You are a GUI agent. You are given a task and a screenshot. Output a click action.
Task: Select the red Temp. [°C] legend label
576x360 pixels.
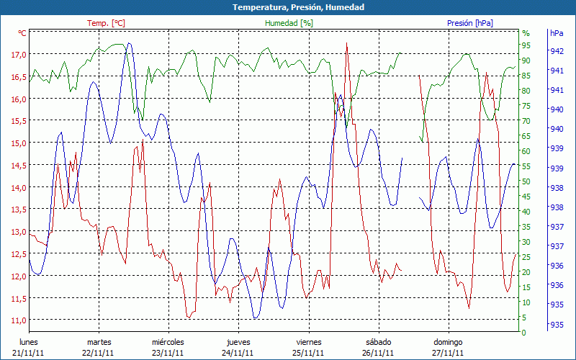tap(106, 23)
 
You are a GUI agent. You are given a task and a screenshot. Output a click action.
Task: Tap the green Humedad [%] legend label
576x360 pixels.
tap(289, 23)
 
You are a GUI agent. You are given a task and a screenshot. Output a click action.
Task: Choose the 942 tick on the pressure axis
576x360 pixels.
tap(556, 51)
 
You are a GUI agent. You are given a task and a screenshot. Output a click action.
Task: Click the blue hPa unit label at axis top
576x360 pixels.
tap(557, 33)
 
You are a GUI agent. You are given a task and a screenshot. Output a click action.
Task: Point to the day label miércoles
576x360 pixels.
tap(168, 342)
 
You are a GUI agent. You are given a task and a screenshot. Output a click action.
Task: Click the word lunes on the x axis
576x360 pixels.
tap(29, 342)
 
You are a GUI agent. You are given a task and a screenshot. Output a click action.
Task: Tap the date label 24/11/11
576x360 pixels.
tap(238, 353)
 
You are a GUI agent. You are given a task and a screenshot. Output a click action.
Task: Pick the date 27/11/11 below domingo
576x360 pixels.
tap(448, 353)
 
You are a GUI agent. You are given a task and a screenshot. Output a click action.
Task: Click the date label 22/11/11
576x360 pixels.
tap(98, 353)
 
